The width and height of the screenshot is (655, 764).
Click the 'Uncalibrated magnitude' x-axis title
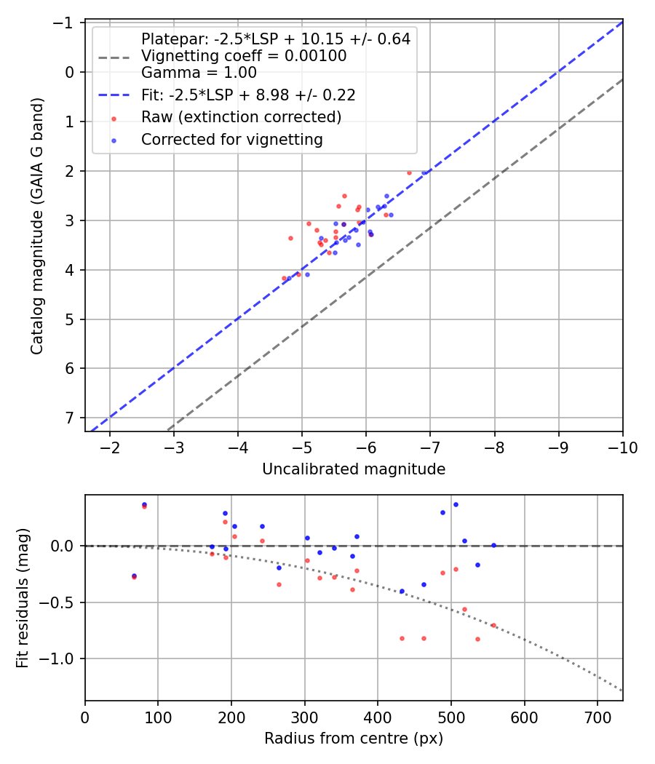[x=354, y=470]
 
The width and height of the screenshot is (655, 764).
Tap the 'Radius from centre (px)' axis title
[x=354, y=739]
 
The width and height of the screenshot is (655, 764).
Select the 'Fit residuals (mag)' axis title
[x=23, y=597]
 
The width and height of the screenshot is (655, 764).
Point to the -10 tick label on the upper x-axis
[x=623, y=447]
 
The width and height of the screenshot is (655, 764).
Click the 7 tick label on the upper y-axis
[x=70, y=418]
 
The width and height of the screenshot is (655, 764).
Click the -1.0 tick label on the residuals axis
[x=59, y=658]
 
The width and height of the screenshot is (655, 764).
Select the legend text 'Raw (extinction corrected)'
[x=242, y=117]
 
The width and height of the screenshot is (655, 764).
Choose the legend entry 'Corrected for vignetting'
[x=232, y=139]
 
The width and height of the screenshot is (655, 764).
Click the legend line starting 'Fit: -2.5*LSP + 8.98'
[x=248, y=95]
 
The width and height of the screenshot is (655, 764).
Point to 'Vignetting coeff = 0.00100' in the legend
[x=244, y=56]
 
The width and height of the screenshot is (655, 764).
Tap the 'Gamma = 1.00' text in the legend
[x=199, y=73]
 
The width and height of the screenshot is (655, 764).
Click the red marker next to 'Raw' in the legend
[x=114, y=118]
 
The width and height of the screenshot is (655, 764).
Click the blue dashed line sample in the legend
[x=114, y=95]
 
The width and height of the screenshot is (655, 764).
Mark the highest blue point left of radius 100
[x=144, y=504]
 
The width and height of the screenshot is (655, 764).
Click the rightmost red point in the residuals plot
[x=493, y=625]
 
